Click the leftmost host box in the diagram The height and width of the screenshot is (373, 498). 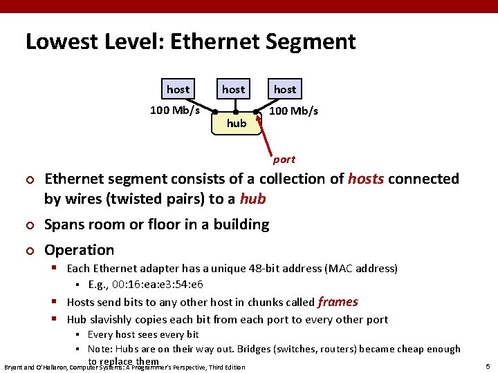coord(178,89)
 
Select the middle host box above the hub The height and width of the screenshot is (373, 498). coord(233,89)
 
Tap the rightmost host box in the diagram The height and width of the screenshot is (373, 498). coord(284,89)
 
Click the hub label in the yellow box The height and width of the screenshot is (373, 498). coord(237,123)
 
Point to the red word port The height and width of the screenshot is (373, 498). coord(284,159)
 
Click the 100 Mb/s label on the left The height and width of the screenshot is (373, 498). coord(175,110)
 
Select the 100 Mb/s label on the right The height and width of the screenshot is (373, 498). coord(293,111)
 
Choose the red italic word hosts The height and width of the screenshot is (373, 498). coord(366,179)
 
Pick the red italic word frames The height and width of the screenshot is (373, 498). coord(338,302)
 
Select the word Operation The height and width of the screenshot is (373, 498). coord(79,250)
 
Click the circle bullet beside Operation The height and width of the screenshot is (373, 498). coord(28,251)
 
